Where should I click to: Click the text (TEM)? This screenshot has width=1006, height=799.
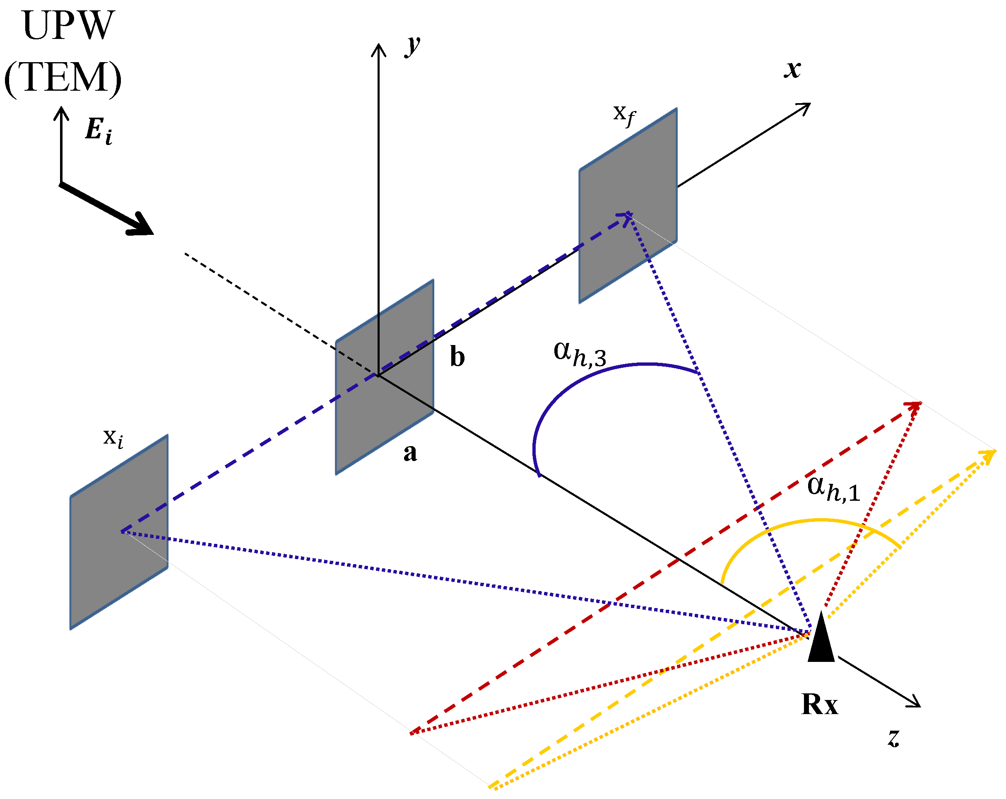click(x=63, y=77)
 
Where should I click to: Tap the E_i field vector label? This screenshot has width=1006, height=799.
click(x=99, y=130)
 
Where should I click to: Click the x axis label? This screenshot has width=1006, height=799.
click(x=792, y=70)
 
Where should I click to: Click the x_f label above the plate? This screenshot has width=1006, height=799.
click(x=623, y=114)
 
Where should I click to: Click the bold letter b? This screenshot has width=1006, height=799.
click(x=457, y=357)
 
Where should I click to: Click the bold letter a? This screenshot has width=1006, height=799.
click(x=410, y=452)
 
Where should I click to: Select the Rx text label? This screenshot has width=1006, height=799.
click(x=819, y=704)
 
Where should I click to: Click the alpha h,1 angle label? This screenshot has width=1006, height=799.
click(x=833, y=488)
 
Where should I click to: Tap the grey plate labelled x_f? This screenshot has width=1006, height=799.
click(x=628, y=205)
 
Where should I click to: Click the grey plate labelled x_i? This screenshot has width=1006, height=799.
click(x=118, y=532)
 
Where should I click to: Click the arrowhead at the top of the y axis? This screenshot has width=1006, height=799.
click(x=378, y=49)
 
